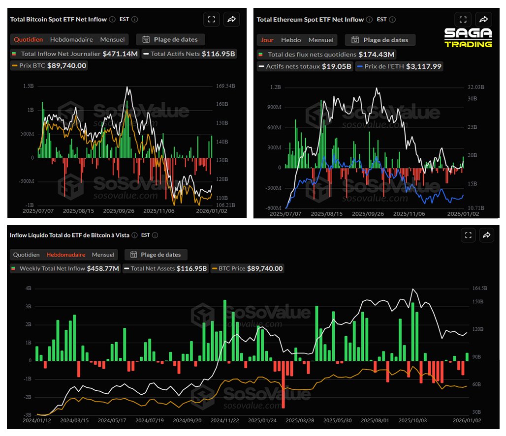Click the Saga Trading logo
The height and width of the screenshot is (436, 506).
pos(468,38)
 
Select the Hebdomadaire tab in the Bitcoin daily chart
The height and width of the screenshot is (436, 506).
pos(71,39)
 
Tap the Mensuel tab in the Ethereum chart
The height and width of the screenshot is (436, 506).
pos(320,40)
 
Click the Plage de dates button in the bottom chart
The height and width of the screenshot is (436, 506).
pos(156,255)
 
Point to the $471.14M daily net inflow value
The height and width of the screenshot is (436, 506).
pos(121,54)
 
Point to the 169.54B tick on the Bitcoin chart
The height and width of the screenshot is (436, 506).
pos(225,86)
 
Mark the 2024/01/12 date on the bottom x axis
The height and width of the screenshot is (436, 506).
pos(36,421)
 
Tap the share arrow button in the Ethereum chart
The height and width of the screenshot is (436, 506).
pos(483,20)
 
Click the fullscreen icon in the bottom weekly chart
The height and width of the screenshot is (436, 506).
pos(468,235)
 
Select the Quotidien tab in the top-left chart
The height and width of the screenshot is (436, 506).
pos(28,39)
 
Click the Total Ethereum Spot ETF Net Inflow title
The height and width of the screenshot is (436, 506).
pos(310,20)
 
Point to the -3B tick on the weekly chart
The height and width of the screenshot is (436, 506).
pos(28,415)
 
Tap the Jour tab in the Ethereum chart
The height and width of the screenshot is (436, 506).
pos(267,40)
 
